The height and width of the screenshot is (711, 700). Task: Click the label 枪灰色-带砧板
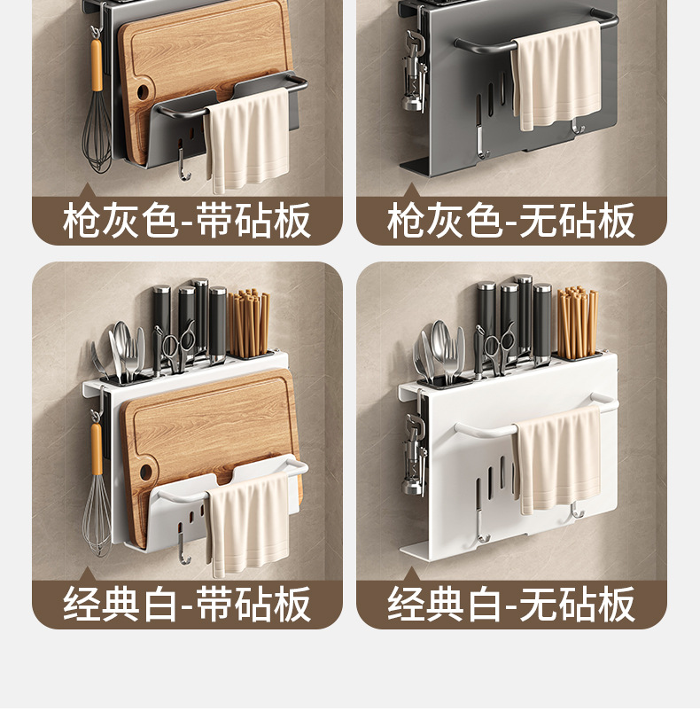pyautogui.click(x=187, y=221)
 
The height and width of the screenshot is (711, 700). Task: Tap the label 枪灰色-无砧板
pyautogui.click(x=511, y=221)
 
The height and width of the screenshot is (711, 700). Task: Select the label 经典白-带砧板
pyautogui.click(x=187, y=605)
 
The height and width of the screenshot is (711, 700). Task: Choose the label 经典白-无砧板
pyautogui.click(x=511, y=605)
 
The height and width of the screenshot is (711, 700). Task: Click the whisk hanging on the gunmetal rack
pyautogui.click(x=97, y=133)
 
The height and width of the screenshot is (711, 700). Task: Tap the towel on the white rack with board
pyautogui.click(x=250, y=523)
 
